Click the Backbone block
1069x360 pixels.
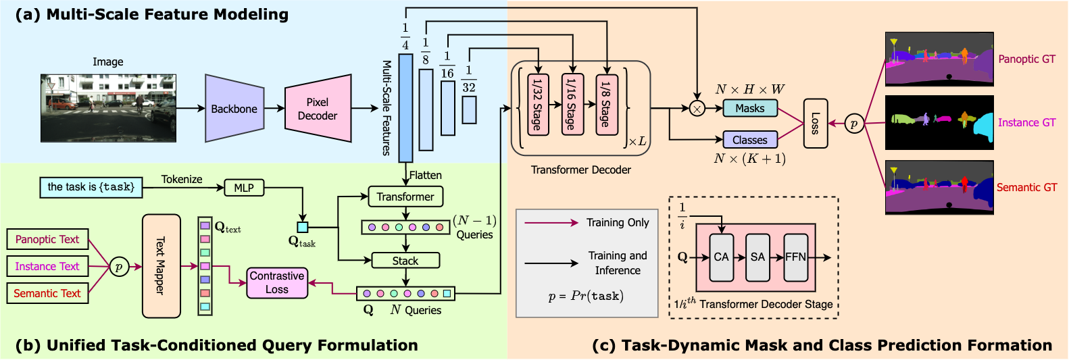click(x=234, y=109)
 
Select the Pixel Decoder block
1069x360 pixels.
click(x=318, y=109)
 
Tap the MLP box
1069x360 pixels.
click(x=244, y=188)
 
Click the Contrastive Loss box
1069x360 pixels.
click(x=277, y=282)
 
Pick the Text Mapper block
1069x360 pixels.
click(x=161, y=266)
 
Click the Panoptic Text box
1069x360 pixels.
click(x=47, y=239)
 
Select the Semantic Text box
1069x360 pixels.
click(x=47, y=293)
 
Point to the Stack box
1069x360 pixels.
click(x=405, y=261)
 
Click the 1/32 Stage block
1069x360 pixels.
click(x=538, y=104)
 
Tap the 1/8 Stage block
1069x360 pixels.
click(x=606, y=104)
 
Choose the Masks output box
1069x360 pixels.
click(x=750, y=108)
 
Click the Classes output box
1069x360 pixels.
click(x=750, y=140)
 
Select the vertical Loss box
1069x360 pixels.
click(x=815, y=123)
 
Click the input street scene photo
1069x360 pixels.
click(x=108, y=108)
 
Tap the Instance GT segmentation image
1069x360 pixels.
click(x=939, y=122)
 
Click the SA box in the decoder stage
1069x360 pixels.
click(x=758, y=257)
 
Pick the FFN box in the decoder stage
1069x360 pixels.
click(x=795, y=257)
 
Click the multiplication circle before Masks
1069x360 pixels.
click(x=697, y=108)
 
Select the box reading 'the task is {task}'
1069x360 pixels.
click(x=91, y=187)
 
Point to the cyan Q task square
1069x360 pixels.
click(x=303, y=228)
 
